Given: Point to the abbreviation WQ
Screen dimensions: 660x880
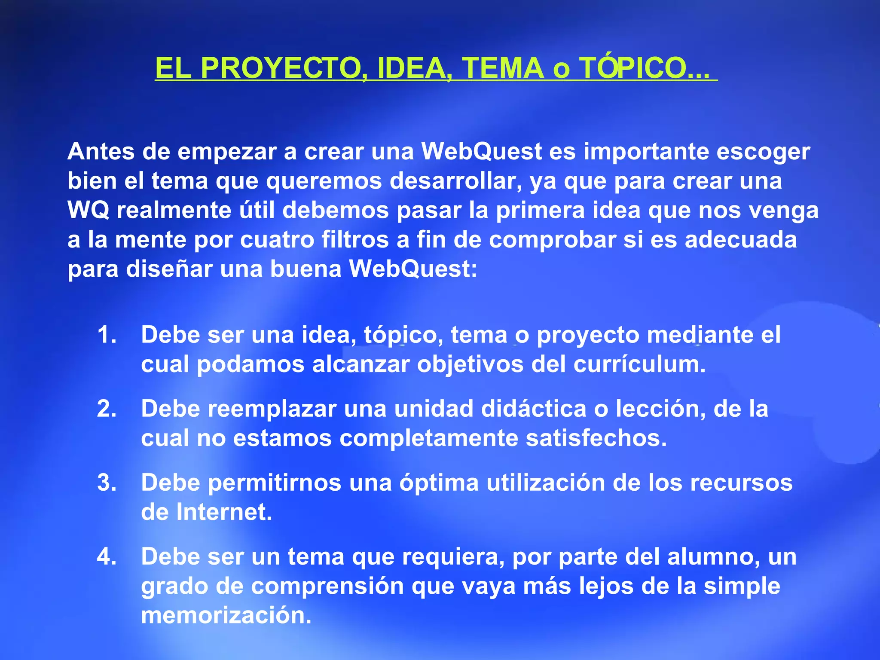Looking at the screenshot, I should click(88, 210).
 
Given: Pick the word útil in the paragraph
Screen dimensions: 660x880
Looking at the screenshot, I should click(257, 210).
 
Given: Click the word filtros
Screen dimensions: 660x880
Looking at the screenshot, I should click(355, 239).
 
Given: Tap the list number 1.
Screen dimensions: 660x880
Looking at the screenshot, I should click(106, 335).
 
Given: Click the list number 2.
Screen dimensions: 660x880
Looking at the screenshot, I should click(106, 409).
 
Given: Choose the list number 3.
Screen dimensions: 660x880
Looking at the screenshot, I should click(106, 483).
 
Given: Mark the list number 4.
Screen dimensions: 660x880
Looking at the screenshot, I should click(106, 556).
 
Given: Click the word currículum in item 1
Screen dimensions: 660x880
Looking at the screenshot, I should click(639, 364).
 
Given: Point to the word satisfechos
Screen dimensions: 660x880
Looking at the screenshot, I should click(596, 438).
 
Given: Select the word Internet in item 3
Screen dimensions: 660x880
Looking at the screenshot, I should click(224, 512).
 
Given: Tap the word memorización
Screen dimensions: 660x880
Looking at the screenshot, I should click(226, 615).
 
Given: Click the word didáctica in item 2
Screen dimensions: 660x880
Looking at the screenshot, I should click(534, 409).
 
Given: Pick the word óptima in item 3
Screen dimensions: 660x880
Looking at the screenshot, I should click(439, 483).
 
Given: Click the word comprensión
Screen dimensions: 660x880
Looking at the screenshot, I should click(327, 586).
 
